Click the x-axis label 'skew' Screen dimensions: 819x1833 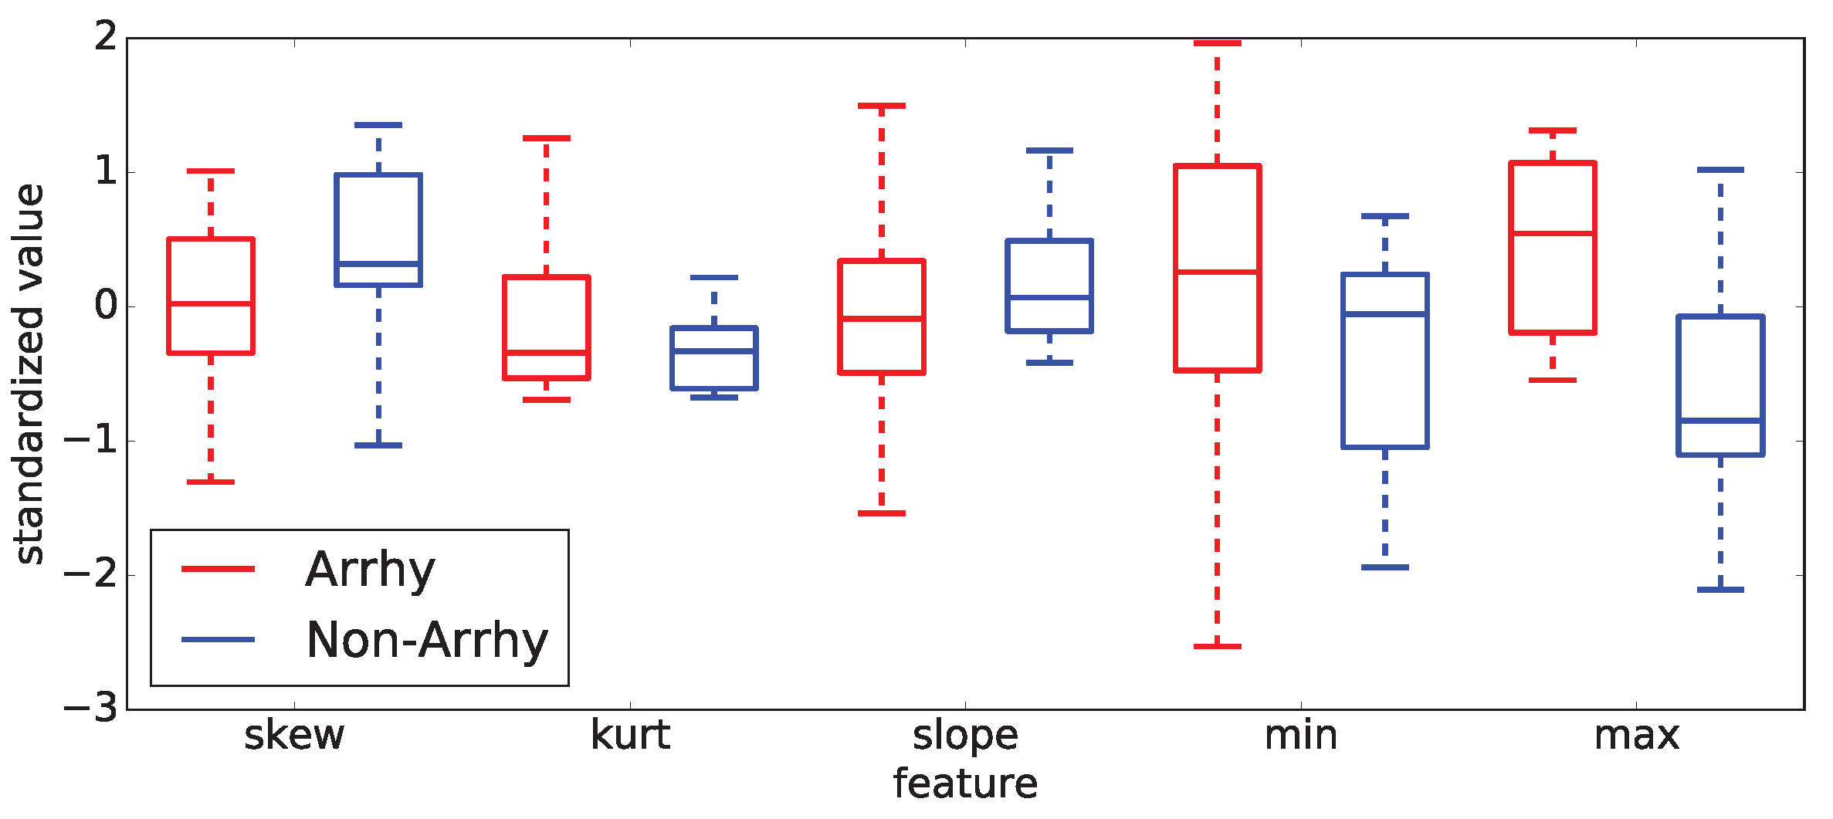tap(294, 736)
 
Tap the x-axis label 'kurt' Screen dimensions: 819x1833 tap(630, 736)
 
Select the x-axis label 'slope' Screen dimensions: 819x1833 tap(965, 736)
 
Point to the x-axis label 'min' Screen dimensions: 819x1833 tap(1301, 736)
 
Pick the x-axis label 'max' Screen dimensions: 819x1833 tap(1637, 736)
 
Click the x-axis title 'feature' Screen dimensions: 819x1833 tap(965, 784)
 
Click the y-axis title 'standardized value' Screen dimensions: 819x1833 tap(29, 374)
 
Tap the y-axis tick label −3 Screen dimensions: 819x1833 tap(91, 709)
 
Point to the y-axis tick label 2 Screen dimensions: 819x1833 tap(106, 36)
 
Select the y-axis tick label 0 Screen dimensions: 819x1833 tap(106, 306)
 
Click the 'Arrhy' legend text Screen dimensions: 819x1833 tap(370, 570)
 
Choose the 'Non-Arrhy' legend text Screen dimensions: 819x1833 tap(427, 640)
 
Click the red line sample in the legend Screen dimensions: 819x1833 tap(218, 569)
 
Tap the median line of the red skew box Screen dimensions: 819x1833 tap(211, 303)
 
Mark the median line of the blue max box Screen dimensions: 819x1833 tap(1720, 421)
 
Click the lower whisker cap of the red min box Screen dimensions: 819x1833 tap(1218, 646)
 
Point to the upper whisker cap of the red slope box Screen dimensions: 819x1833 tap(882, 106)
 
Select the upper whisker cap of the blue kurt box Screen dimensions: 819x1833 tap(714, 277)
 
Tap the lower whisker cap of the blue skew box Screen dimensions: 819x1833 tap(378, 445)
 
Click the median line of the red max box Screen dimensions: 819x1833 tap(1553, 233)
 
